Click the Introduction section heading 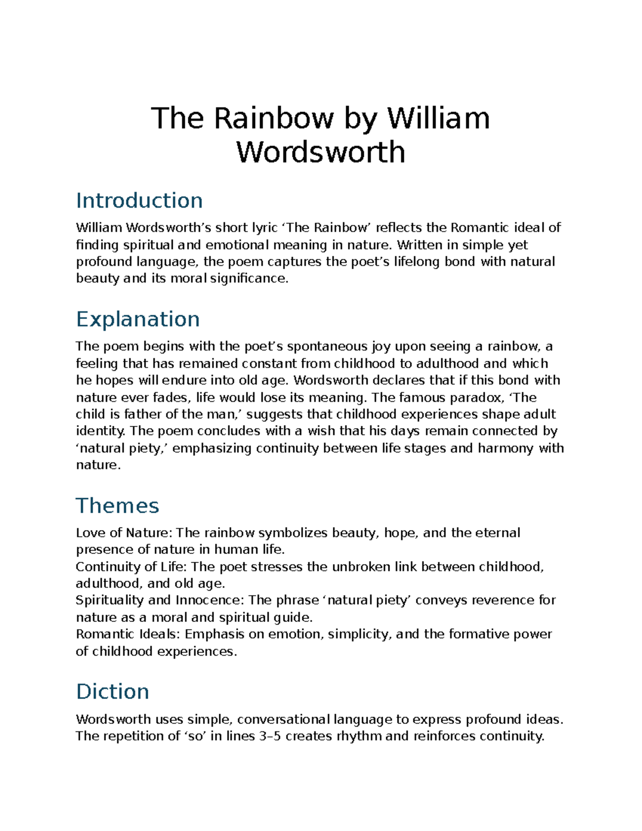tap(139, 201)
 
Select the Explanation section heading tap(137, 319)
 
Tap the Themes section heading tap(117, 506)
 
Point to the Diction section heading tap(112, 691)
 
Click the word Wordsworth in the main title tap(320, 152)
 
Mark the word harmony tap(505, 448)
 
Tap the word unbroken tap(361, 567)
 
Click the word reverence tap(501, 600)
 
